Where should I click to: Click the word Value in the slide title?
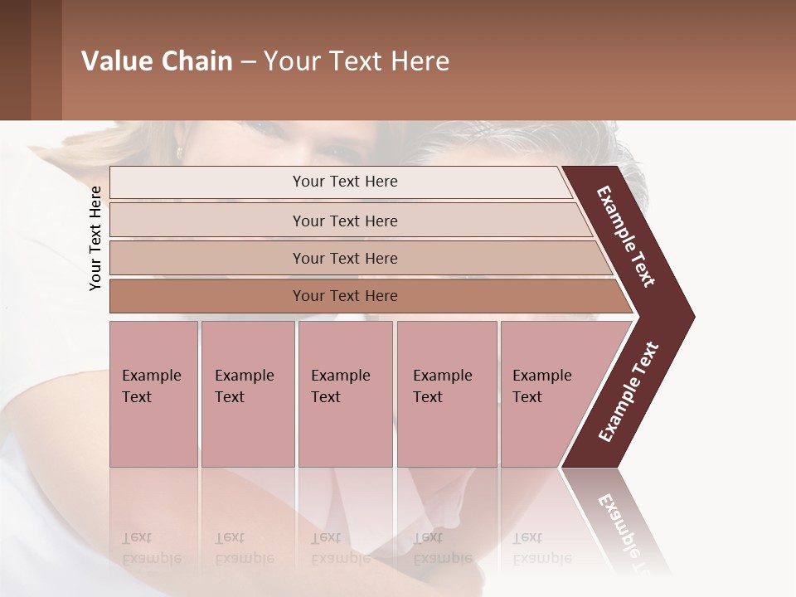(115, 61)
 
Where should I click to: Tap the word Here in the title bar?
(420, 61)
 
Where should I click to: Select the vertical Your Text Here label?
(95, 238)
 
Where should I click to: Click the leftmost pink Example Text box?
(153, 394)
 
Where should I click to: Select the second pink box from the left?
(247, 394)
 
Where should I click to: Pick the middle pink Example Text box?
(345, 394)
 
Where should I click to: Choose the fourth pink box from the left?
(447, 394)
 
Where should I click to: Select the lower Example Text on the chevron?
(629, 392)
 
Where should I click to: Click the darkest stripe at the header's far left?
(15, 60)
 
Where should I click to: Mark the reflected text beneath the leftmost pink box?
(152, 548)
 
